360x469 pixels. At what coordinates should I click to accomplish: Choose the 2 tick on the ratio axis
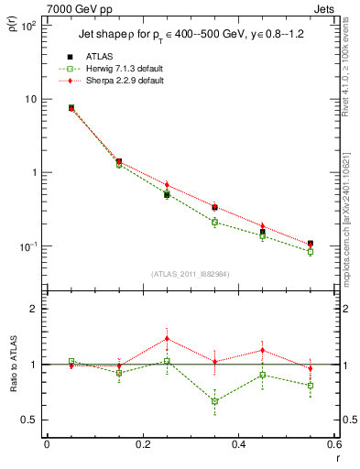coord(35,309)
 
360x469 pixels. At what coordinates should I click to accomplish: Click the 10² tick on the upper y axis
coord(27,26)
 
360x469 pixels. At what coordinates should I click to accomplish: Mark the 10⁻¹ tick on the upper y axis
coord(27,246)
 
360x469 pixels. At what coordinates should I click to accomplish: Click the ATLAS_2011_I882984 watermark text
coord(190,274)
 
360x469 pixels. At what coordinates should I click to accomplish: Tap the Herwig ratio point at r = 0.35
coord(214,401)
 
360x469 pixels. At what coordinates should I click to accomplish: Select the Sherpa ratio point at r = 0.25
coord(167,339)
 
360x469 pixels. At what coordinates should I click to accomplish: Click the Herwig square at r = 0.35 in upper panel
coord(214,222)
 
